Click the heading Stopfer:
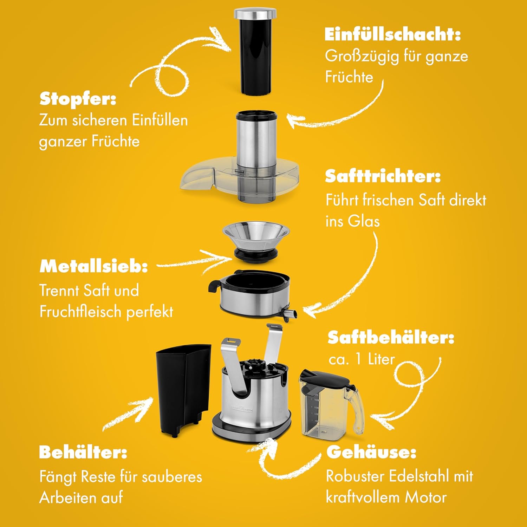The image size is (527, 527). pyautogui.click(x=78, y=99)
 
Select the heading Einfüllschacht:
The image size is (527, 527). pyautogui.click(x=392, y=34)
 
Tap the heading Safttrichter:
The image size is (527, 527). pyautogui.click(x=383, y=176)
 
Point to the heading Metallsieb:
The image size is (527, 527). pyautogui.click(x=93, y=266)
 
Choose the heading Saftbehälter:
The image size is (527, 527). pyautogui.click(x=391, y=338)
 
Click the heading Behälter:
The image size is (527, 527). pyautogui.click(x=83, y=452)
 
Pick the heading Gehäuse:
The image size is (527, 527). pyautogui.click(x=371, y=452)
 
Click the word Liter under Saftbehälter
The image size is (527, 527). pyautogui.click(x=382, y=359)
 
